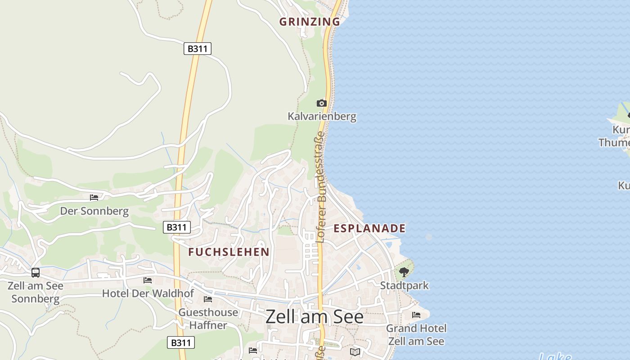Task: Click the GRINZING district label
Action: click(310, 22)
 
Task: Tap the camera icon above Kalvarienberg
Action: click(321, 103)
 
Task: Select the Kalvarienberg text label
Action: click(322, 117)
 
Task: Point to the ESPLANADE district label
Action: click(369, 229)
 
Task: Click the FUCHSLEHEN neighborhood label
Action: click(229, 252)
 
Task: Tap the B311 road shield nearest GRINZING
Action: click(198, 49)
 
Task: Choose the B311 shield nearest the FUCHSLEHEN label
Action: click(176, 227)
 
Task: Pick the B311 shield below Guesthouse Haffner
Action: click(181, 342)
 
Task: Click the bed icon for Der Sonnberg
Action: click(94, 197)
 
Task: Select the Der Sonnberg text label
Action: click(94, 211)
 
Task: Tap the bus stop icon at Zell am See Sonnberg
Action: click(36, 273)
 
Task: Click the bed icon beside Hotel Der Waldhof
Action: click(148, 280)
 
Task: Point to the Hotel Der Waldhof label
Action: click(148, 293)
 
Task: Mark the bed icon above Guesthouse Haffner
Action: click(208, 299)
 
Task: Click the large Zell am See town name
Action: click(315, 317)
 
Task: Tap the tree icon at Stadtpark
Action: click(404, 272)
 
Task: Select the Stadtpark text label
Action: click(405, 286)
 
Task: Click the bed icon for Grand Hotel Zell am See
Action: click(416, 315)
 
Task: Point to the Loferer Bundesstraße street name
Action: click(320, 187)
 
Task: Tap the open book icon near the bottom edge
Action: click(355, 351)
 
